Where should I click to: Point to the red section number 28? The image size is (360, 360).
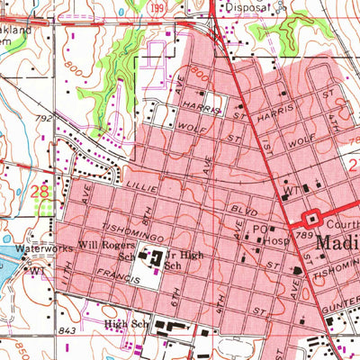point(39,191)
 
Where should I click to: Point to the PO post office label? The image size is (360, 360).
point(258,229)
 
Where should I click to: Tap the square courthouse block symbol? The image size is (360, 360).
point(313,217)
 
